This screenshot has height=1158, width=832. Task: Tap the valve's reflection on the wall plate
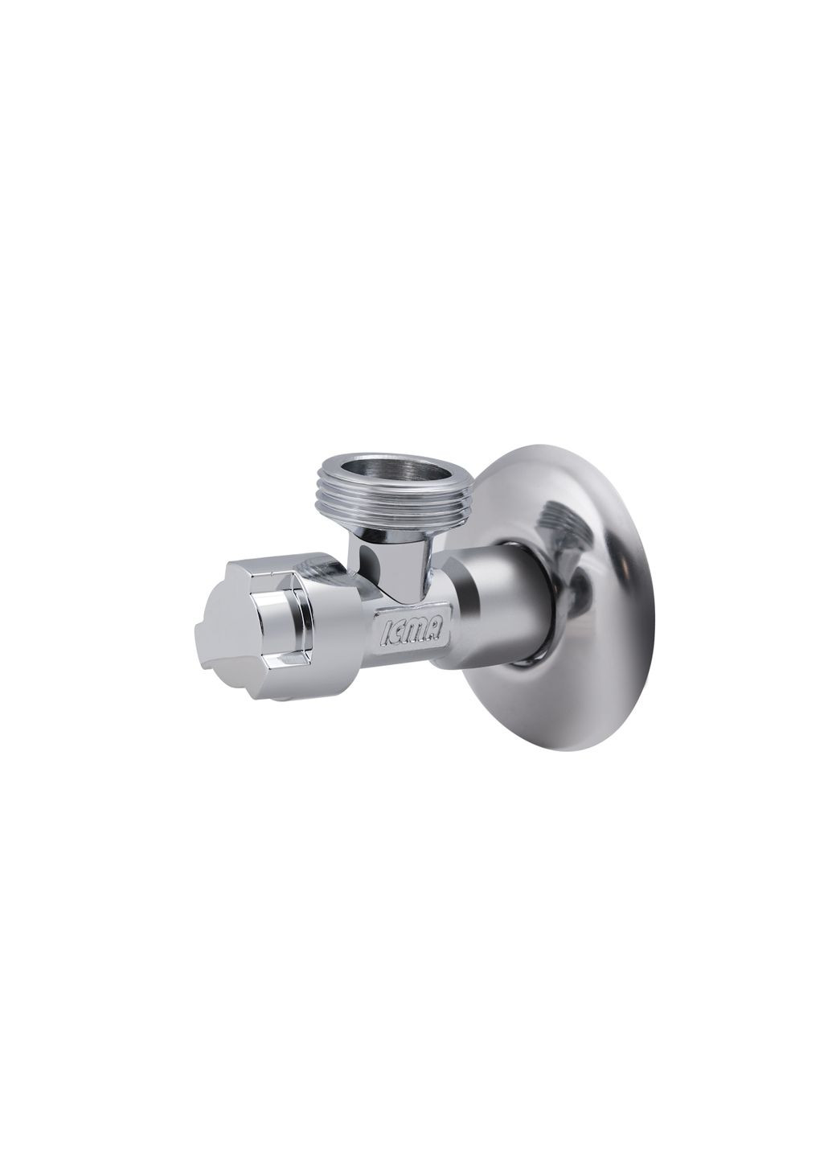[x=563, y=531]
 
